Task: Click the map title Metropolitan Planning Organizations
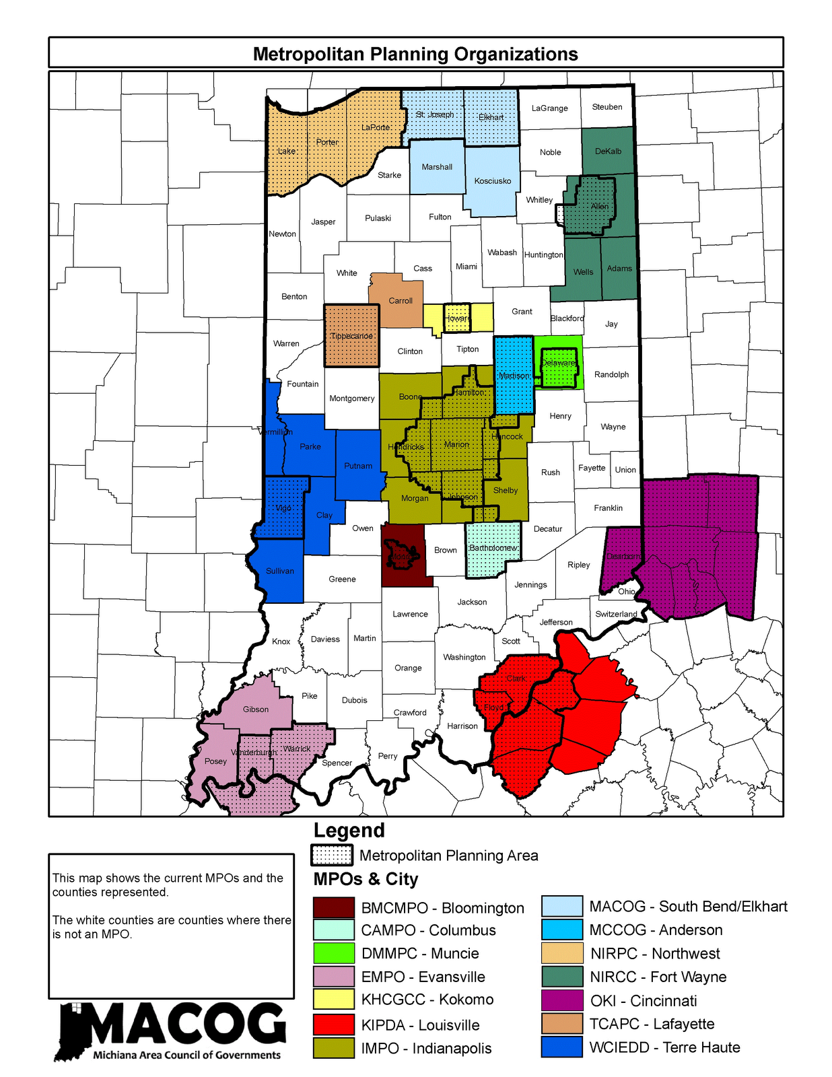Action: (x=415, y=54)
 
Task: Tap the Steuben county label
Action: (x=606, y=106)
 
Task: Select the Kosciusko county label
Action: (x=492, y=180)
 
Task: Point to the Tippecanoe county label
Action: (x=351, y=335)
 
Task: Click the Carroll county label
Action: (x=401, y=300)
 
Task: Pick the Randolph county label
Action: (x=611, y=374)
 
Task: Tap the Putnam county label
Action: (x=357, y=465)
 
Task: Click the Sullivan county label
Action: (x=279, y=570)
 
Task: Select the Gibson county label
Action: (x=256, y=709)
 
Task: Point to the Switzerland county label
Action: (x=616, y=613)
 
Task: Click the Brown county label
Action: (x=445, y=549)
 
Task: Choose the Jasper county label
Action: (x=323, y=221)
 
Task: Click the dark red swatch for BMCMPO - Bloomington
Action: (x=333, y=907)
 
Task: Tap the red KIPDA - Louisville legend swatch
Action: (x=333, y=1024)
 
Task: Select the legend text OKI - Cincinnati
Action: (x=643, y=1000)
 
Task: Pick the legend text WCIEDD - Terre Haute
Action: (x=664, y=1047)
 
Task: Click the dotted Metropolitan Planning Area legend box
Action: (x=331, y=855)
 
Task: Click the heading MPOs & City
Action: (x=366, y=879)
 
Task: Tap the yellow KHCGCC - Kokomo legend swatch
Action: (x=333, y=1000)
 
